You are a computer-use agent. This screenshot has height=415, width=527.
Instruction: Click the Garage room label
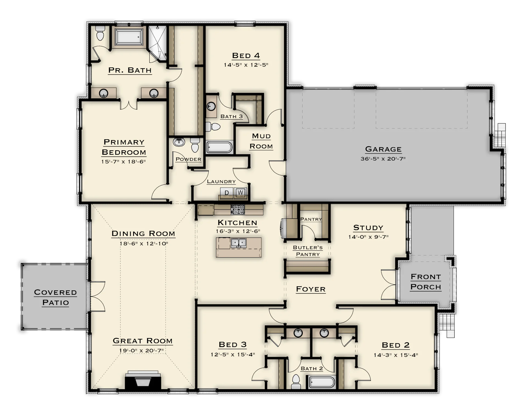tap(383, 149)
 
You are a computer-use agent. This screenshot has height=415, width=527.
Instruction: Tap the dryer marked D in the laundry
tap(227, 193)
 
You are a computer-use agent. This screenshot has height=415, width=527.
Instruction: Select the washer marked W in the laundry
tap(240, 193)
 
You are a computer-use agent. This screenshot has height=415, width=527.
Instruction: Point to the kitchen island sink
tap(239, 243)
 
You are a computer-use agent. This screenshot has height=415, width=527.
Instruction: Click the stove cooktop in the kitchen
tap(238, 210)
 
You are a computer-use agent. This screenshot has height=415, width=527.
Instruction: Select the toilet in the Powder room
tap(195, 145)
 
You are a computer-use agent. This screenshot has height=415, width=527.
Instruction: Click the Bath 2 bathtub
tap(322, 382)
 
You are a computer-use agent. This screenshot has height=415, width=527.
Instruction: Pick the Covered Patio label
tap(55, 297)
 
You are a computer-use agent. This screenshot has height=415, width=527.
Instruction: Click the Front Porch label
tap(426, 282)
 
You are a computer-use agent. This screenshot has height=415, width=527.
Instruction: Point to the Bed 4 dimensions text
tap(246, 65)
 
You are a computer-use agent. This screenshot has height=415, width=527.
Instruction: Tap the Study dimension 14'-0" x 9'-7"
tap(368, 237)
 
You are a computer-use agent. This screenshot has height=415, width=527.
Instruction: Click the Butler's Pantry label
tap(308, 251)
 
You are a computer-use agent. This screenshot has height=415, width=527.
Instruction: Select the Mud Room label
tap(261, 141)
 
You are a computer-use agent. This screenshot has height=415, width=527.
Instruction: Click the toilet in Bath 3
tap(213, 126)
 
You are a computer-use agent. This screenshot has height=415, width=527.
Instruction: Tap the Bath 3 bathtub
tap(219, 147)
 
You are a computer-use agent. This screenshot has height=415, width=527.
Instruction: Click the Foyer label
tap(311, 289)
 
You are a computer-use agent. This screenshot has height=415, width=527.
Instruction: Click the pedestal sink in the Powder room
tap(179, 142)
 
